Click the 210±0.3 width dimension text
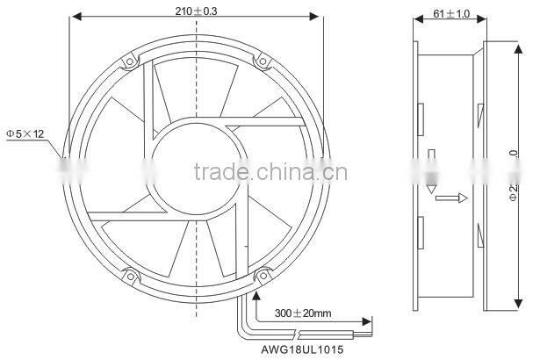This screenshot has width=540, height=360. tap(196, 11)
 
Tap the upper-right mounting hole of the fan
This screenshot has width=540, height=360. tap(262, 61)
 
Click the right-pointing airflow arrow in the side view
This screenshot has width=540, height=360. tap(449, 198)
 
